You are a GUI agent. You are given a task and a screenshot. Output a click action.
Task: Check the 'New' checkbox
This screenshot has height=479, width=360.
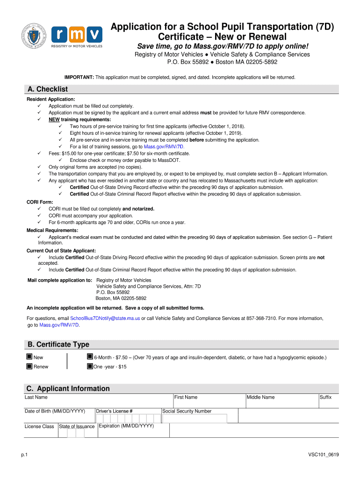29,357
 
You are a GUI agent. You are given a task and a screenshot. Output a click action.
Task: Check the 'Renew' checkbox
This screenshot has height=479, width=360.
29,366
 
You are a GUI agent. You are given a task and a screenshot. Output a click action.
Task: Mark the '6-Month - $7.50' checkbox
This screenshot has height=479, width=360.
90,357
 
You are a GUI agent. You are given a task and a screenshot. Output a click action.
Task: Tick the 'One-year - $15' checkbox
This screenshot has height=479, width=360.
90,366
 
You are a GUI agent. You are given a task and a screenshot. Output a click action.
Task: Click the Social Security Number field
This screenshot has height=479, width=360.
194,418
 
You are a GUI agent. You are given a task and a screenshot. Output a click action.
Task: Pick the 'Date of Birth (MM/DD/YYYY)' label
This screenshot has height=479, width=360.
55,411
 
